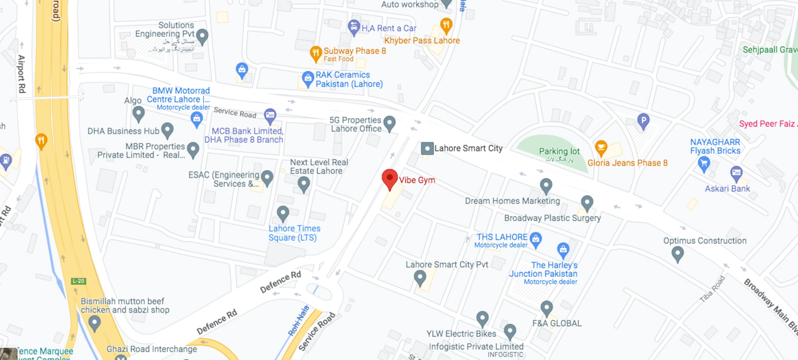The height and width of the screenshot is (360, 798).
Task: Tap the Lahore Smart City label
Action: coord(468,148)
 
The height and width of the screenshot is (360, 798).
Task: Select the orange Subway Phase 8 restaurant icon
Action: coord(316,53)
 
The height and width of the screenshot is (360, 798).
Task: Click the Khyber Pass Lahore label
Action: coord(422,41)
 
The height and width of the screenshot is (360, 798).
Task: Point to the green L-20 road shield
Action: coord(78,281)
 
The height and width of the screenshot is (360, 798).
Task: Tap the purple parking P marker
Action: coord(643,121)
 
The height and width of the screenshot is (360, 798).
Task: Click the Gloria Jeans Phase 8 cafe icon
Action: coord(601,147)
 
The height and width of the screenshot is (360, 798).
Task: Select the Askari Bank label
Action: coord(727,189)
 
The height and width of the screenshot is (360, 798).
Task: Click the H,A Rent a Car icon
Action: coord(354,27)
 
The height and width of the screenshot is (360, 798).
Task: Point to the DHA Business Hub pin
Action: coord(167,130)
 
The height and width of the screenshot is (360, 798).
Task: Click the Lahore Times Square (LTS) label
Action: coord(294,233)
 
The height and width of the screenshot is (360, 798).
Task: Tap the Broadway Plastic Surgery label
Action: coord(552,218)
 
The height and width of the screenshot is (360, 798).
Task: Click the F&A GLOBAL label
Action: coord(557,323)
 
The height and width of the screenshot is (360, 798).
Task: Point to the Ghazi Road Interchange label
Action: coord(151,349)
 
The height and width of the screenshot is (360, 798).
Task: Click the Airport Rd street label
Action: coord(22,74)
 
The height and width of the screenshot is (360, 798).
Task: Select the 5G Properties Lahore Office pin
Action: coord(389,123)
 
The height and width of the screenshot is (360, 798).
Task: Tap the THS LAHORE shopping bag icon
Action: coord(536,239)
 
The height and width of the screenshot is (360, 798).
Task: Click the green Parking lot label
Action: coord(559,151)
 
